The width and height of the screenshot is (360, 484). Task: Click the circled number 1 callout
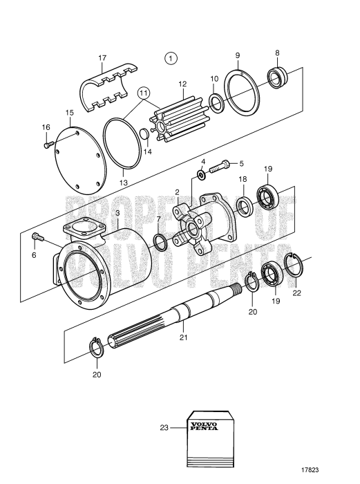click(x=171, y=58)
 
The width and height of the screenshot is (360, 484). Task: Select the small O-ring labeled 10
click(x=216, y=104)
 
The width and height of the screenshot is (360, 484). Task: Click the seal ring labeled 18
click(x=243, y=206)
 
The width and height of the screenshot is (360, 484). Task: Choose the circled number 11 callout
click(x=143, y=93)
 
